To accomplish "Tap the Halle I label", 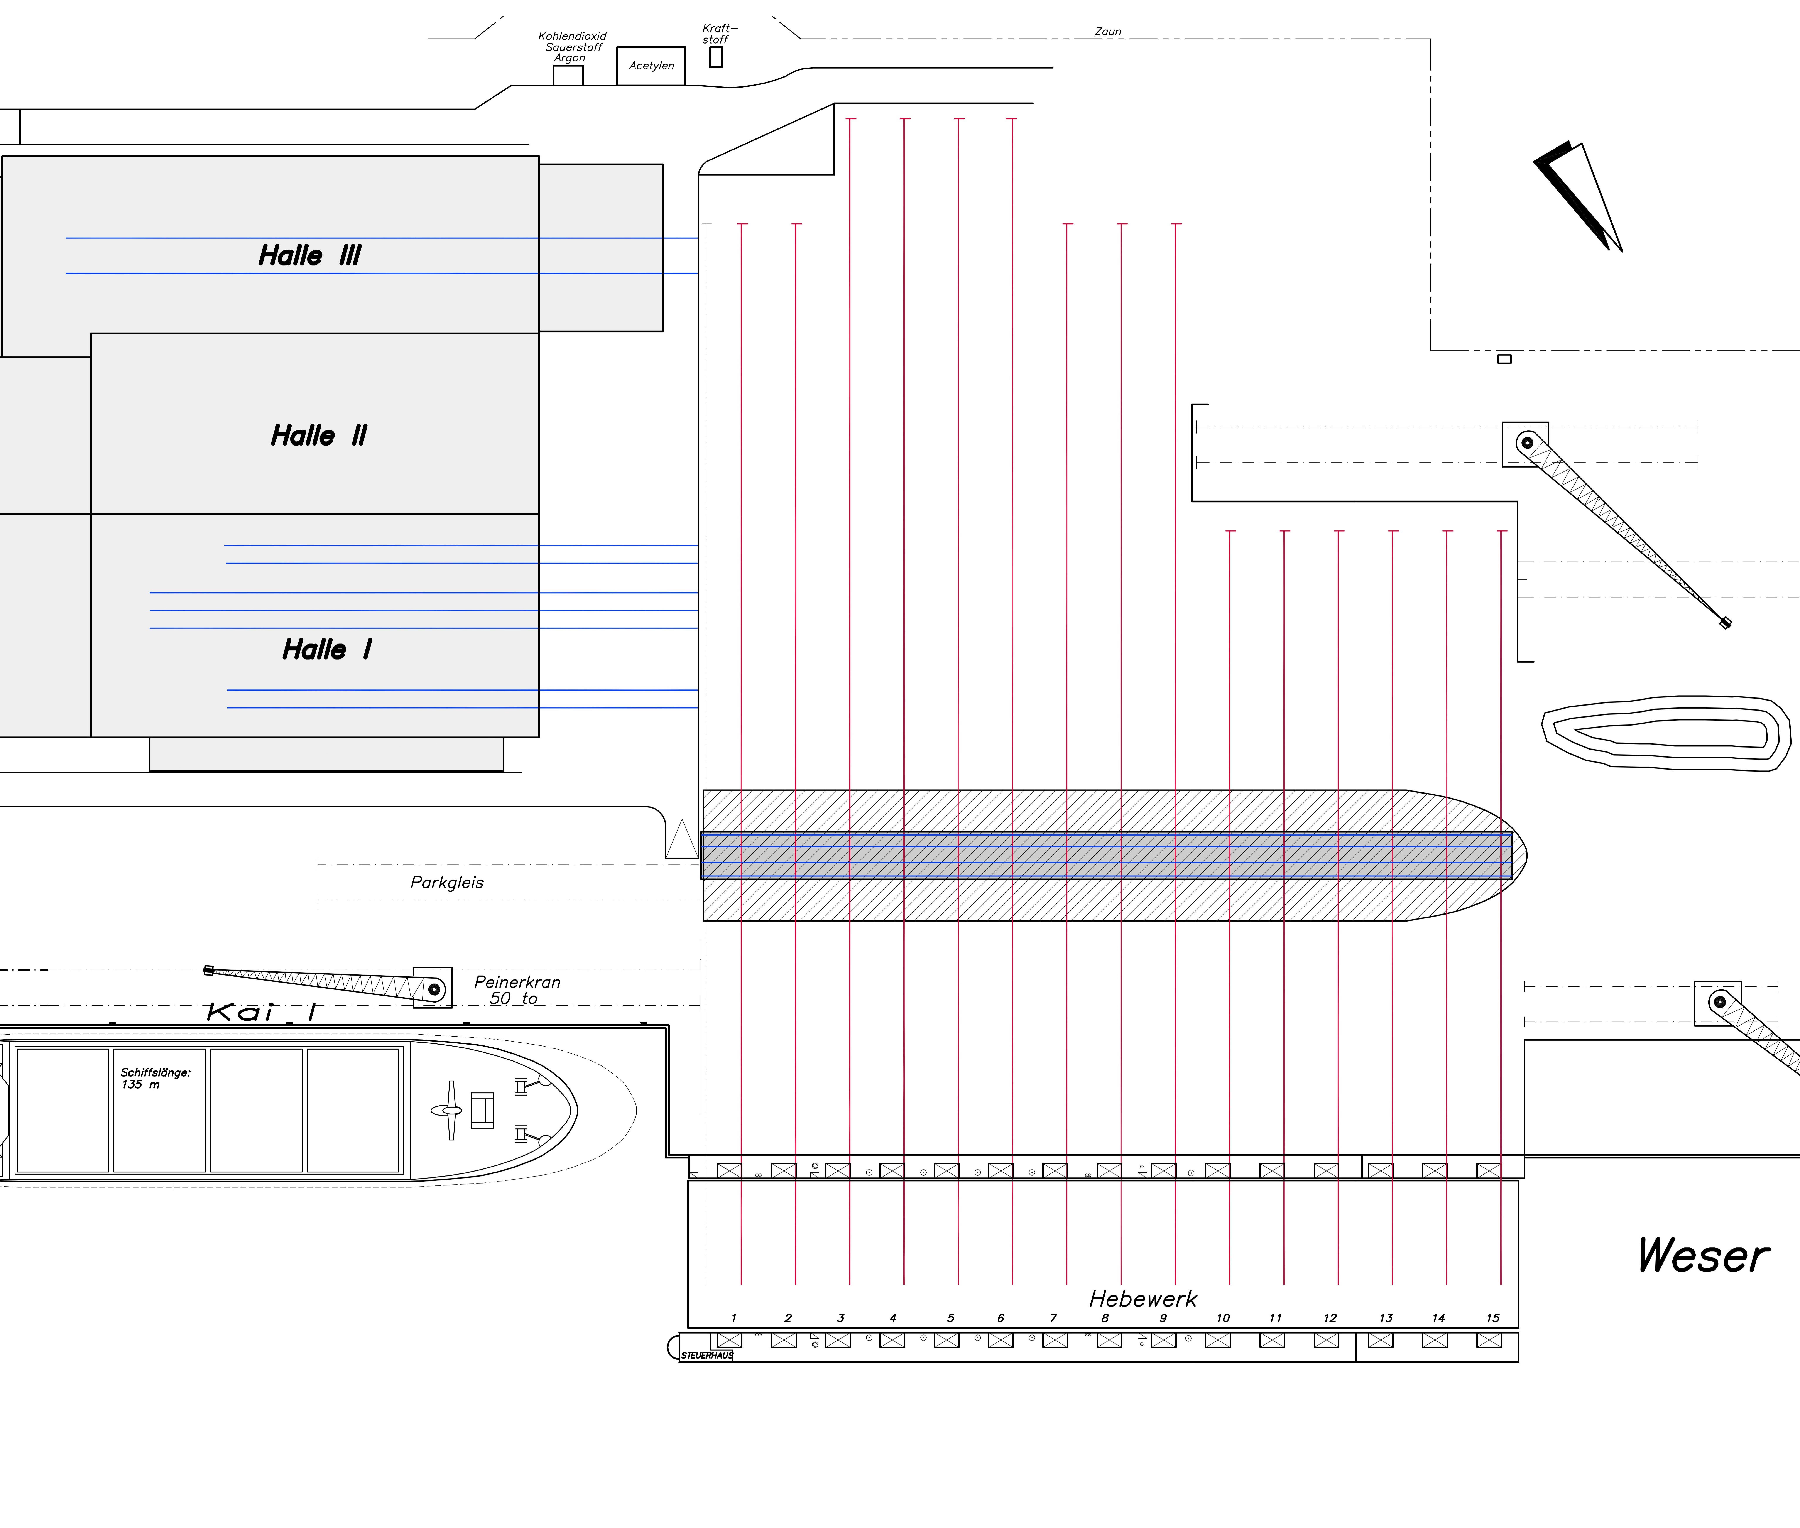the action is coord(327,650).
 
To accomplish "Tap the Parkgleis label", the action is coord(447,883).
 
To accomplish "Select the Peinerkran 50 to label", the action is coord(517,990).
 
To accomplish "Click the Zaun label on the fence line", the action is coord(1108,31).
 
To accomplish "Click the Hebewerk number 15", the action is coord(1492,1318).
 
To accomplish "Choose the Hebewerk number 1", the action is coord(734,1318).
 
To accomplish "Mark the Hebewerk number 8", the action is coord(1104,1318).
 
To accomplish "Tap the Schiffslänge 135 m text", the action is coord(155,1078).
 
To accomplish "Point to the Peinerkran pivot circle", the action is coord(435,989).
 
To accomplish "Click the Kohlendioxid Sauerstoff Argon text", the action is coord(572,47).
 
